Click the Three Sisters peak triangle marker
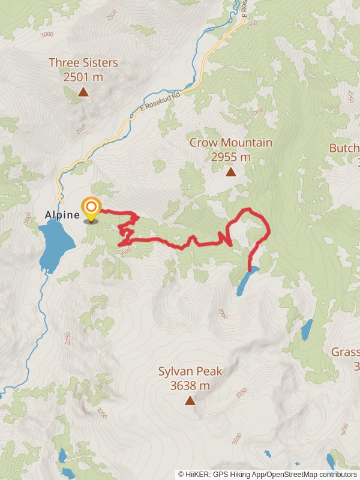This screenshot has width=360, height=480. [x=83, y=92]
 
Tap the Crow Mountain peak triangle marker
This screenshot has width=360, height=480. [x=230, y=172]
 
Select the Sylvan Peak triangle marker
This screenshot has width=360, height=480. [x=190, y=400]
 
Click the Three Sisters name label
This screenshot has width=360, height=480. [x=83, y=62]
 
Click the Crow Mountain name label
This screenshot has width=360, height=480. [x=230, y=143]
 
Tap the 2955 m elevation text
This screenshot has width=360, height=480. [x=230, y=157]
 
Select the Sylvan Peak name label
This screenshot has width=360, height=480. [x=190, y=371]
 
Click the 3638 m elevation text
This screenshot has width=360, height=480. [x=190, y=386]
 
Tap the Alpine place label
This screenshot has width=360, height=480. [x=62, y=215]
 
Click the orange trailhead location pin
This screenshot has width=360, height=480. [x=91, y=209]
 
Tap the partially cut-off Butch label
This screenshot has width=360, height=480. [x=344, y=148]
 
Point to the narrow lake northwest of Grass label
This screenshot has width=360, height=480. [x=307, y=329]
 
